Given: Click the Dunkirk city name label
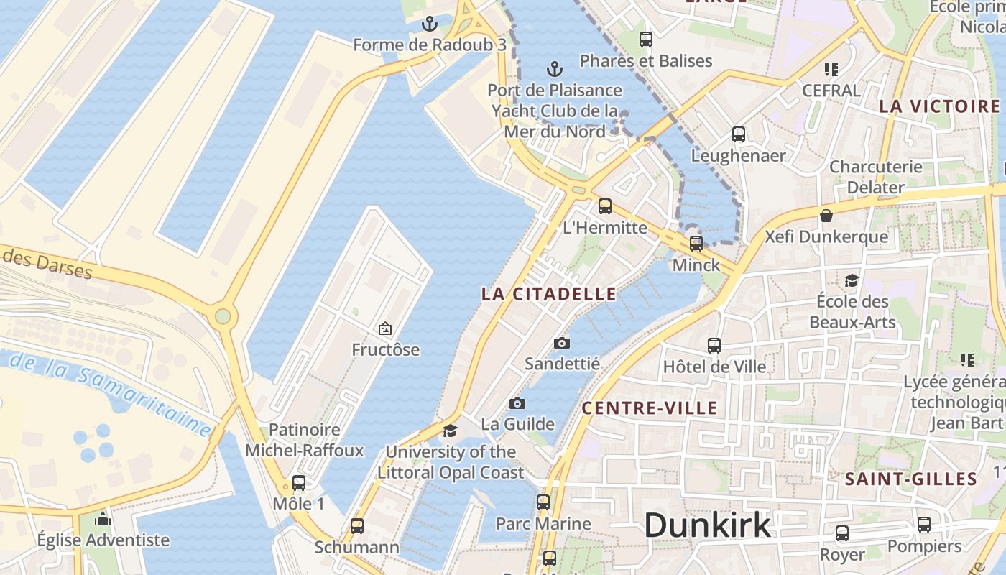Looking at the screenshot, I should [x=707, y=525].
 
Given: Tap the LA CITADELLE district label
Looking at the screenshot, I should [x=548, y=293].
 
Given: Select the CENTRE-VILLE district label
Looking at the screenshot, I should [x=649, y=408].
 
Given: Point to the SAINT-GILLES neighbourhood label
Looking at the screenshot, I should [x=910, y=479].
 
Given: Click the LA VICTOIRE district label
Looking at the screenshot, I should [x=939, y=106].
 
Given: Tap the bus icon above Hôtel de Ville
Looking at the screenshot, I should [x=714, y=346].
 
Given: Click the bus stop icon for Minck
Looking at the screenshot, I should [x=696, y=244].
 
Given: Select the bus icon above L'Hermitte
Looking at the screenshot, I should [x=604, y=206].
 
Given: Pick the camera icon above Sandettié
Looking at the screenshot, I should [x=562, y=343].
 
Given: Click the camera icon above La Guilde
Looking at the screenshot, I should [x=517, y=403].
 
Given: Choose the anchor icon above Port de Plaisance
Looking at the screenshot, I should [x=554, y=69].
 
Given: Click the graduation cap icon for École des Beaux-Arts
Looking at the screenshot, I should [x=852, y=280].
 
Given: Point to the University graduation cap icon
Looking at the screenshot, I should [x=450, y=431].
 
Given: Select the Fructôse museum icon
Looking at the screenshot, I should [x=385, y=329].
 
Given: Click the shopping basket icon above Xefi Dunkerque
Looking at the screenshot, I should [x=826, y=216].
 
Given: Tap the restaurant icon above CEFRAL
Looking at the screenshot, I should [x=831, y=70].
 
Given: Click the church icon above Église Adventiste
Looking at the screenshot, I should [x=103, y=519].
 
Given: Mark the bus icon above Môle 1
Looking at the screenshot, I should [x=298, y=483].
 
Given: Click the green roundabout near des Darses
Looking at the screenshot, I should [x=223, y=316].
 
